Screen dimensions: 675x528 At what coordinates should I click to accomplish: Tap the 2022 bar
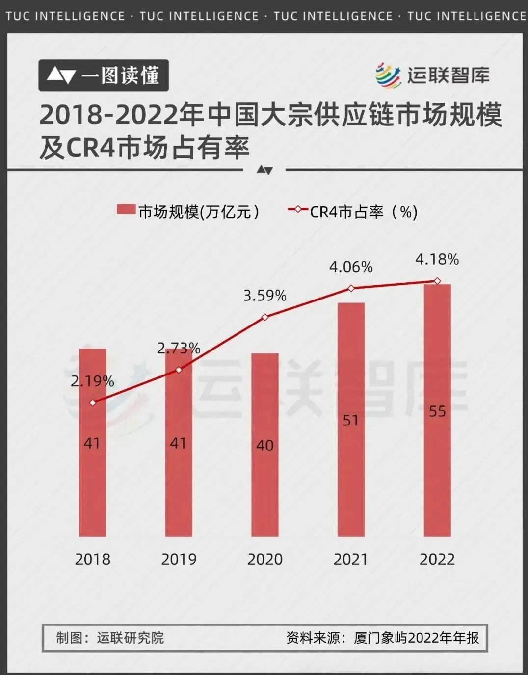pos(437,471)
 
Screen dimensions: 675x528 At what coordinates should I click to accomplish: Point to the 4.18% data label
pos(437,259)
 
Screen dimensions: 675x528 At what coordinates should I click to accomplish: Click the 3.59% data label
pos(264,296)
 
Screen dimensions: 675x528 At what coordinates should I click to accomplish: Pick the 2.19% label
pos(92,381)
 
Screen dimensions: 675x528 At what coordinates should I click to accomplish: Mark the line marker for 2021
pos(351,288)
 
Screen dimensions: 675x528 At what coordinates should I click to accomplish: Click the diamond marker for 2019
pos(179,370)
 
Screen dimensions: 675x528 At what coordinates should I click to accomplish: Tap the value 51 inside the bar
pos(351,421)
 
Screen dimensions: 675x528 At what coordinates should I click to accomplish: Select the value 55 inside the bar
pos(437,411)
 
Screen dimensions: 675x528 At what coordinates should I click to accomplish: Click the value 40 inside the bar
pos(264,445)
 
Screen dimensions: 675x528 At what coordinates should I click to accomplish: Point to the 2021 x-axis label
pos(351,559)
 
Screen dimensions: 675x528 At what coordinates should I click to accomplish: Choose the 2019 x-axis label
pos(179,559)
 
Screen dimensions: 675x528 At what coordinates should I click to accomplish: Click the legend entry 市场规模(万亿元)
pos(188,211)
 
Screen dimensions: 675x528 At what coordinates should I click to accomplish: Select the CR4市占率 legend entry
pos(353,211)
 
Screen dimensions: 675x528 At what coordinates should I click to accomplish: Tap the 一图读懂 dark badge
pos(104,75)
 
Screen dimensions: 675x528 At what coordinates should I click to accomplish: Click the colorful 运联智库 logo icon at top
pos(388,75)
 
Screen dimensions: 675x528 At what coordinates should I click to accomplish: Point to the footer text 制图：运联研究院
pos(110,638)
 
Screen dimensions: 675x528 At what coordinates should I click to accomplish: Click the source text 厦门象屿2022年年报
pos(416,638)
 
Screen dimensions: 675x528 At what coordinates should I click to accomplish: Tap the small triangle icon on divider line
pos(264,170)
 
